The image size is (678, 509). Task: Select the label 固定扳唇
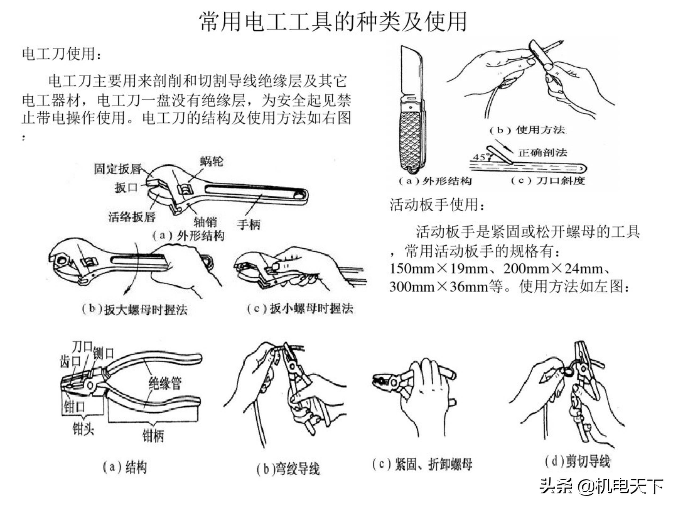[118, 169]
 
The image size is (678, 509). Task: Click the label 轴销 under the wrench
[205, 222]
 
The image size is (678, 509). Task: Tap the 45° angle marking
[479, 157]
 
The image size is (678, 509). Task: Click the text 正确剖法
[543, 152]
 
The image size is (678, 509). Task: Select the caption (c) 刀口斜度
[548, 181]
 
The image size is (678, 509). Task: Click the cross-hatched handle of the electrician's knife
[412, 138]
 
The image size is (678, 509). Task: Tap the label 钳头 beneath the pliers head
[83, 428]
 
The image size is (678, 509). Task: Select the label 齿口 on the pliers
[70, 361]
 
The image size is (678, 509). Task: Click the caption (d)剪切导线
[577, 461]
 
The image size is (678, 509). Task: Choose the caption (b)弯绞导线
[288, 469]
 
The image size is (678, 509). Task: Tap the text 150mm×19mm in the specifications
[439, 269]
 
